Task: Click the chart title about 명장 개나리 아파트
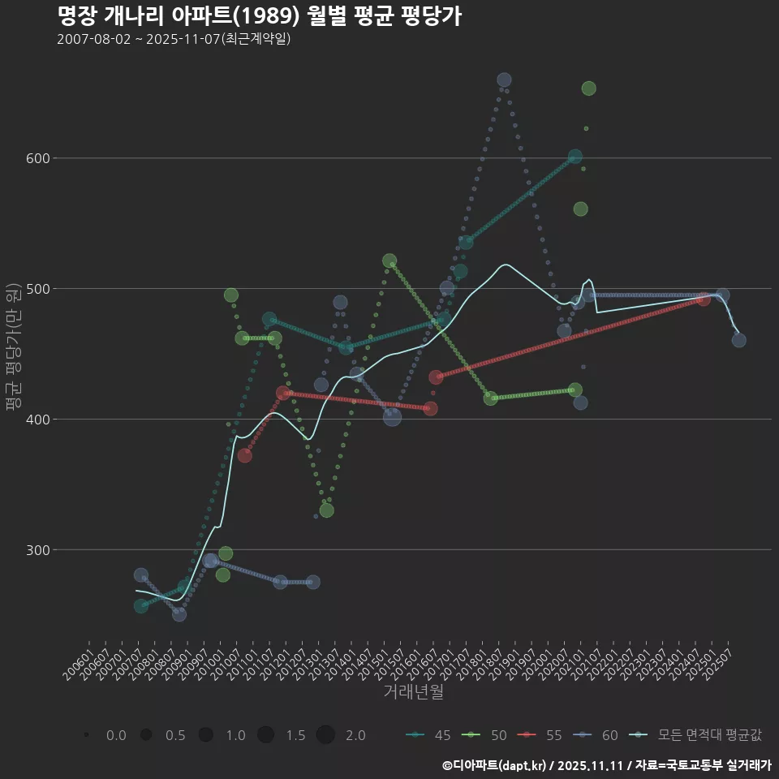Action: pos(260,15)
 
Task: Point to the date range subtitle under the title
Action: pos(174,39)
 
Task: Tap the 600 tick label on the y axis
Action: pos(34,158)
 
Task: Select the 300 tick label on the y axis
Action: pos(34,550)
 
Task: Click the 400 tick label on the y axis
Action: pos(34,420)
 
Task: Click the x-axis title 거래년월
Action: pos(413,692)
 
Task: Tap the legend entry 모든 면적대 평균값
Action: pos(698,735)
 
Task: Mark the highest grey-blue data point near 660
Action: pos(504,80)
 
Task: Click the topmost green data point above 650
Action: pos(589,88)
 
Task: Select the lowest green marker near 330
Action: pos(326,510)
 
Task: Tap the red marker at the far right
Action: pos(704,299)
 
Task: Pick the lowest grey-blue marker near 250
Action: pos(179,614)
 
